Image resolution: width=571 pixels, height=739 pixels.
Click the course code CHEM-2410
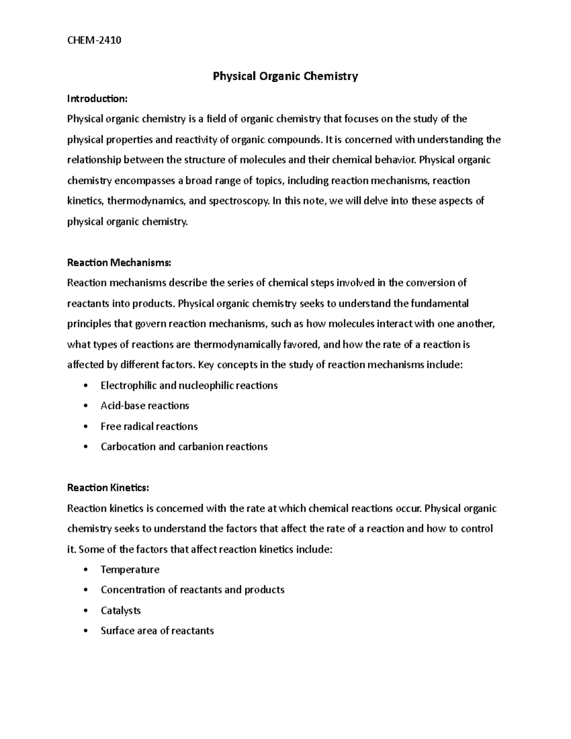pyautogui.click(x=94, y=40)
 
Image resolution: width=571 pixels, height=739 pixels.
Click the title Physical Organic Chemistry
pyautogui.click(x=285, y=76)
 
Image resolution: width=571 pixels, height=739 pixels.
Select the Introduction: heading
pyautogui.click(x=97, y=99)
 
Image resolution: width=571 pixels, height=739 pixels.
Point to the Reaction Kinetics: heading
pyautogui.click(x=108, y=488)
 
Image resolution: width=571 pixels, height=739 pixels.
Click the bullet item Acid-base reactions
pyautogui.click(x=145, y=406)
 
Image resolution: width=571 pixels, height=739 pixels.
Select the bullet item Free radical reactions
pyautogui.click(x=149, y=426)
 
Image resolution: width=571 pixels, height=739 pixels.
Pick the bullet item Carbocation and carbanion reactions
pyautogui.click(x=184, y=447)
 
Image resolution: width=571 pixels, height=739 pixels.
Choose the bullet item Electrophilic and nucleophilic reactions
pyautogui.click(x=189, y=385)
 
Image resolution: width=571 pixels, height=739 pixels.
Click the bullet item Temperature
pyautogui.click(x=130, y=570)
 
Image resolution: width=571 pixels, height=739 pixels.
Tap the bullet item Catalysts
pyautogui.click(x=120, y=611)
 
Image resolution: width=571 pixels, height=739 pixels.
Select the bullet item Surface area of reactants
pyautogui.click(x=157, y=631)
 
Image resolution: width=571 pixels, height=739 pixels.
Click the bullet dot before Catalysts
pyautogui.click(x=85, y=611)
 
